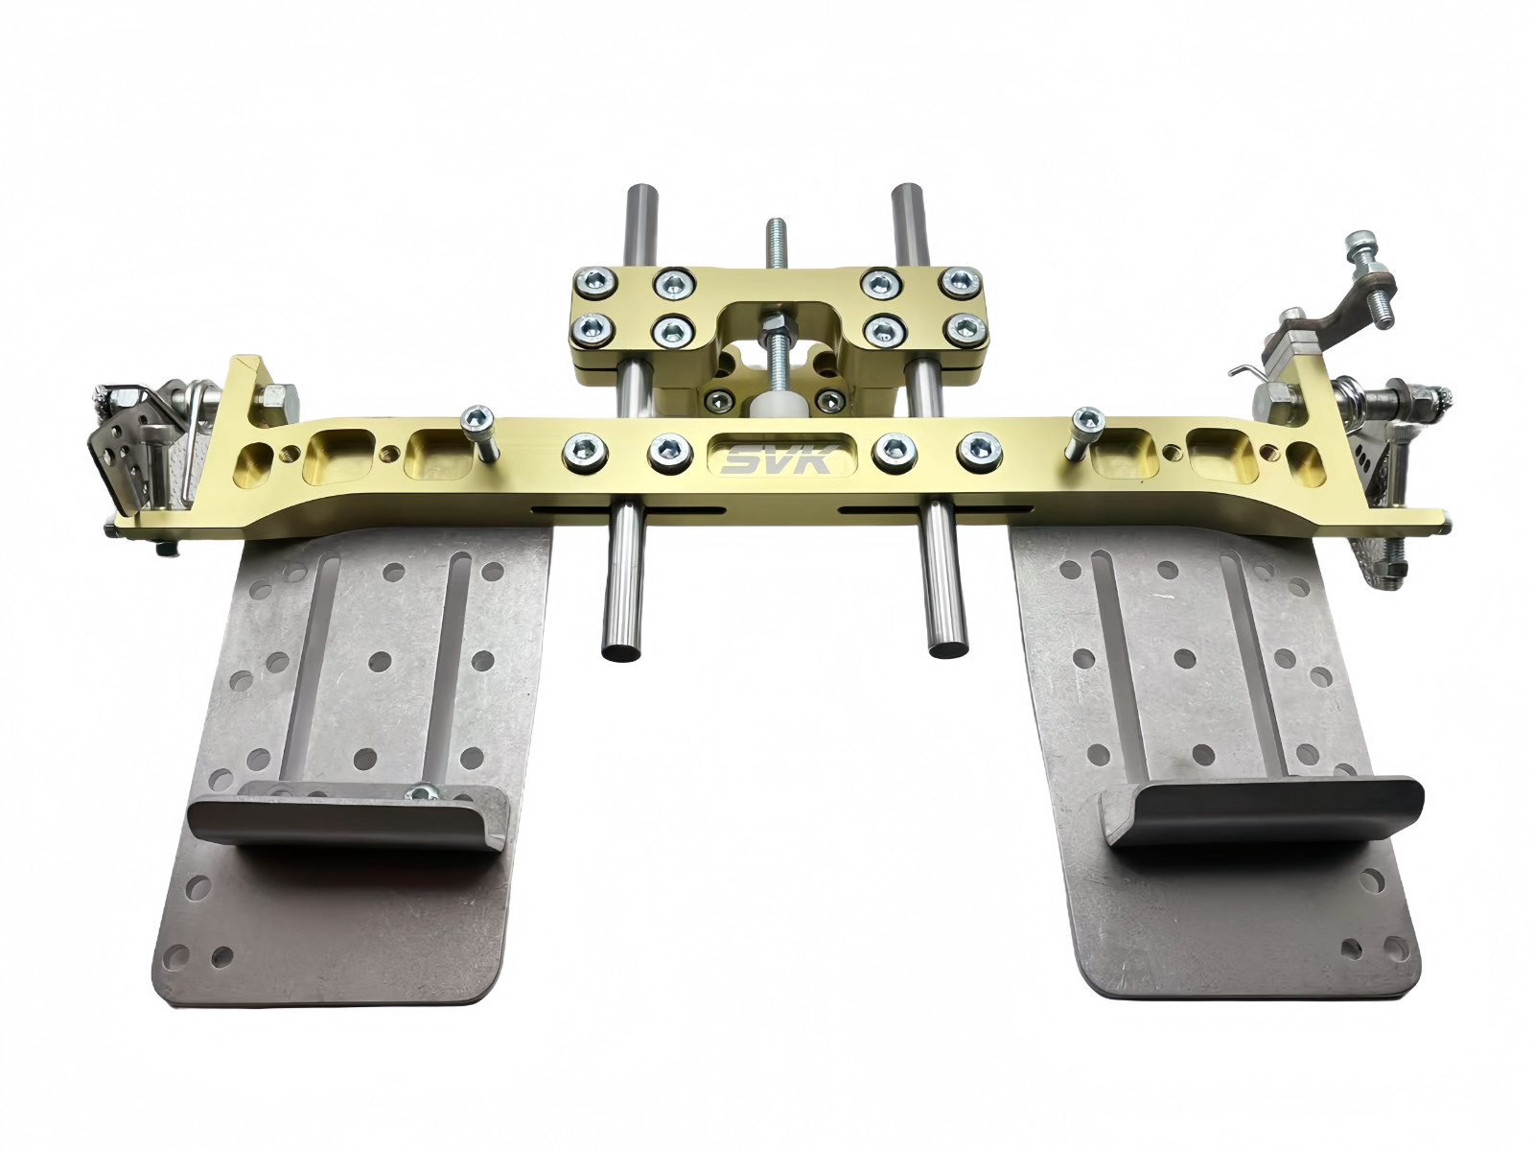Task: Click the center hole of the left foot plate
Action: pos(380,661)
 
